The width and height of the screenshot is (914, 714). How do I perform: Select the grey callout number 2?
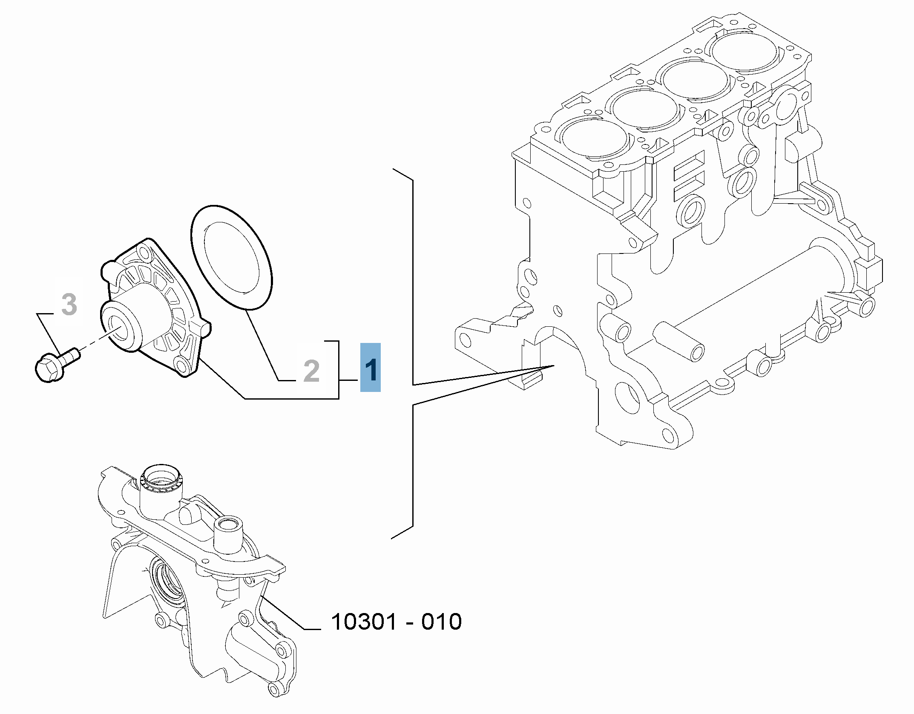[x=311, y=371]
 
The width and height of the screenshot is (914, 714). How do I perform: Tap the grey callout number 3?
[x=69, y=304]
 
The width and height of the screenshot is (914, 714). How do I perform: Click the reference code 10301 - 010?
[x=396, y=622]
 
